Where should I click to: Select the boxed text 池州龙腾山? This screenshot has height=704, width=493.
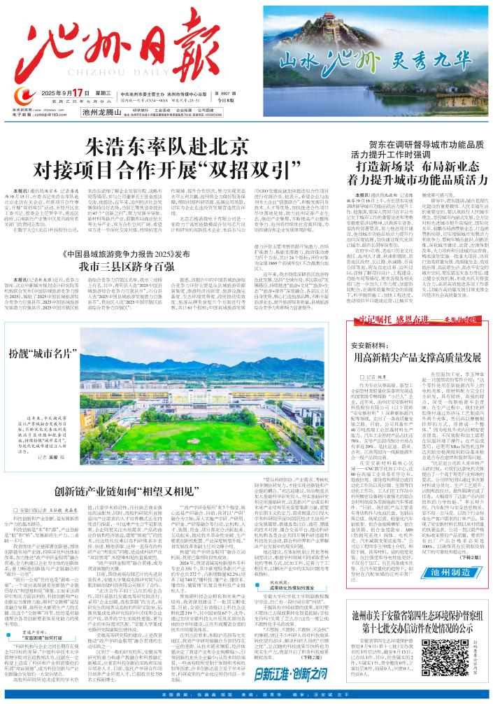[102, 111]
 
